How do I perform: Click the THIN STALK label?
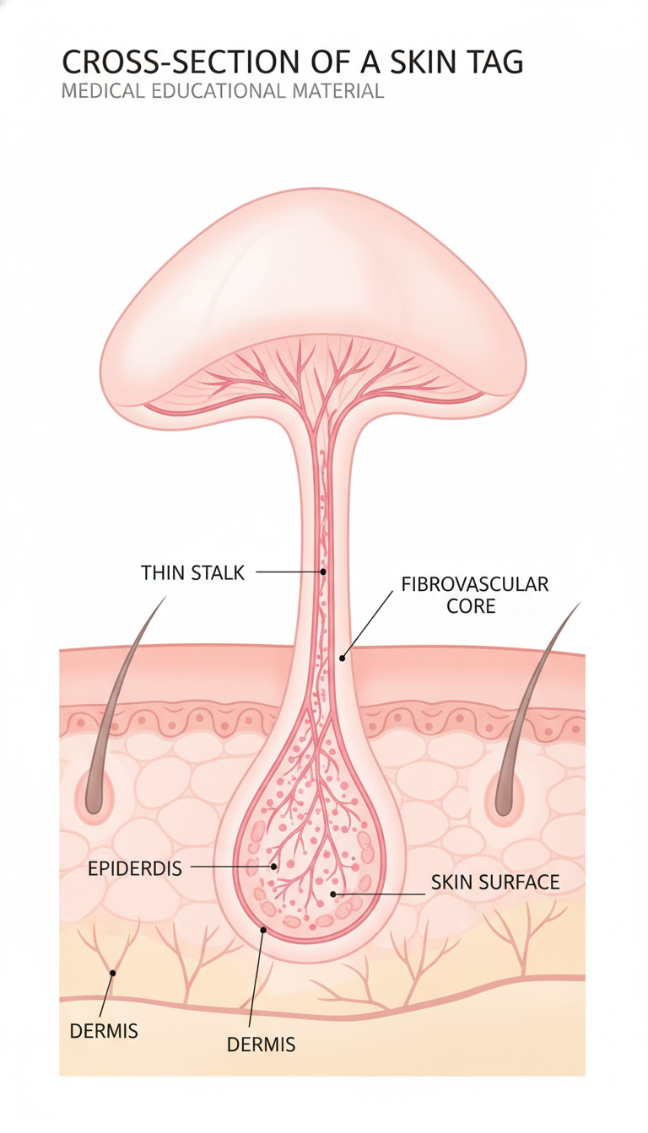192,572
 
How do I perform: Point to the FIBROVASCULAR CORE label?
474,595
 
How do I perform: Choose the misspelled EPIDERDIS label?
135,868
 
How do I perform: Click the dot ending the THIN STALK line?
323,572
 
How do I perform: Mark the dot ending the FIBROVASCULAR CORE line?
343,658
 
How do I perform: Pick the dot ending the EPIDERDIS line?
274,867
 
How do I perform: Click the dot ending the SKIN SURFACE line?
333,894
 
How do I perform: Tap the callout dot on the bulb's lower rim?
262,930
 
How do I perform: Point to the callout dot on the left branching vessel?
113,973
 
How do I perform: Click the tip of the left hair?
166,596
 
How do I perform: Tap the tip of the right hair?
580,603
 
